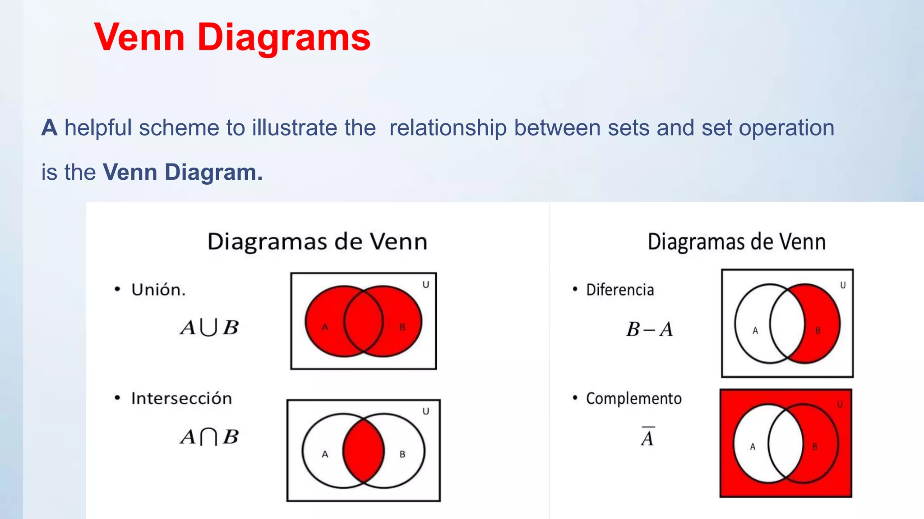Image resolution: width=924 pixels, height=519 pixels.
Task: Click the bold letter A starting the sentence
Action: [x=49, y=128]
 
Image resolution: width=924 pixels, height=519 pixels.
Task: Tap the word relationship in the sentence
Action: [x=448, y=128]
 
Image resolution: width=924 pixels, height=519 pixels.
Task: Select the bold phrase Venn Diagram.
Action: [x=183, y=172]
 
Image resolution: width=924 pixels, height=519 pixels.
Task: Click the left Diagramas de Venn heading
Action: [x=317, y=242]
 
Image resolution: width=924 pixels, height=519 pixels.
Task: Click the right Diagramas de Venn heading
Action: [x=736, y=242]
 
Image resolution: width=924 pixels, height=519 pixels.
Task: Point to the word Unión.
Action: [x=158, y=290]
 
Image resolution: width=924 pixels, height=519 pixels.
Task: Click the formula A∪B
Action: [x=209, y=328]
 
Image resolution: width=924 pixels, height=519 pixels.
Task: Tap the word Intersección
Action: [x=181, y=399]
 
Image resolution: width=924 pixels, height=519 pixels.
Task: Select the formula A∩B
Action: [x=209, y=437]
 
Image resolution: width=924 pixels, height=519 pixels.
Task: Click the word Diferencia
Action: [x=620, y=290]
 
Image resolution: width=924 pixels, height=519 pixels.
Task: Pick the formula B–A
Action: [x=650, y=329]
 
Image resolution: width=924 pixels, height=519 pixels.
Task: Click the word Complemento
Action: [x=633, y=399]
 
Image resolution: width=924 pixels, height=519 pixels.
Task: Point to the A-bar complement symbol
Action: [x=647, y=437]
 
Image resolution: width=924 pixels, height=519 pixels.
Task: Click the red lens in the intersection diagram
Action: [x=363, y=451]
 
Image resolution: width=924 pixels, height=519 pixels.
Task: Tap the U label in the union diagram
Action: [x=425, y=285]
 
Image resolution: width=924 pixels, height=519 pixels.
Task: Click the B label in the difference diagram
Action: [x=818, y=331]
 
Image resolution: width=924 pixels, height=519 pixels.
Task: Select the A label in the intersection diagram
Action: [x=325, y=455]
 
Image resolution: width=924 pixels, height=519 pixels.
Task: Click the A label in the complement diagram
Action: [x=753, y=447]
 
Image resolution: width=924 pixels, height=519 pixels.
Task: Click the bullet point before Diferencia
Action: [x=575, y=289]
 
